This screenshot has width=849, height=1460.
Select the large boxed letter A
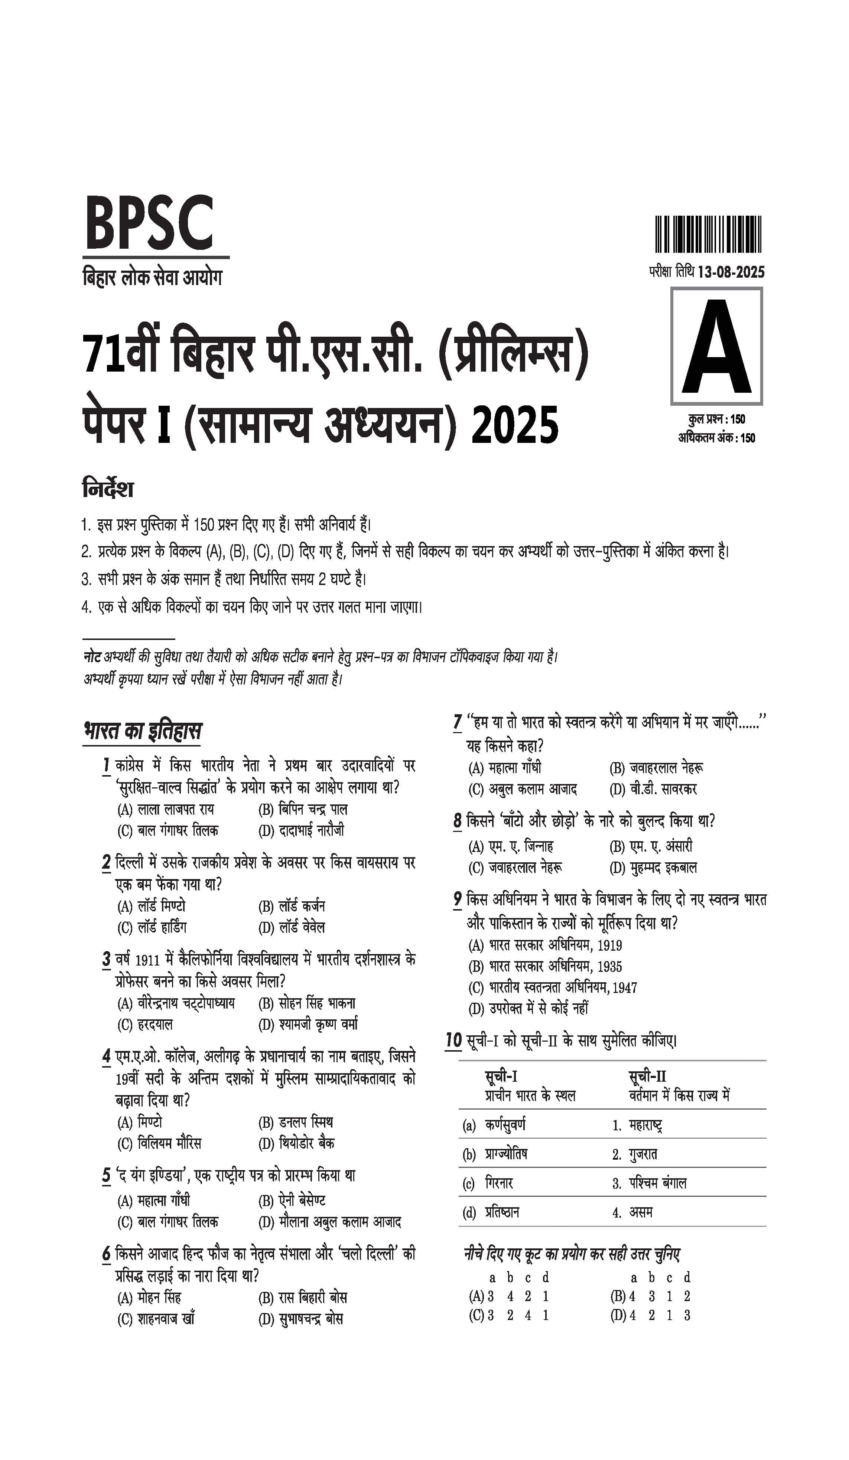point(716,346)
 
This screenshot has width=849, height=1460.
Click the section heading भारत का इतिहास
point(143,731)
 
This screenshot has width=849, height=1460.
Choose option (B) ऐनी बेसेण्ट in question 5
point(292,1201)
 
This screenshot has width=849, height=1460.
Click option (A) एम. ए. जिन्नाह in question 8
point(511,846)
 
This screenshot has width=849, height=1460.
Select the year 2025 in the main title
point(515,426)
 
